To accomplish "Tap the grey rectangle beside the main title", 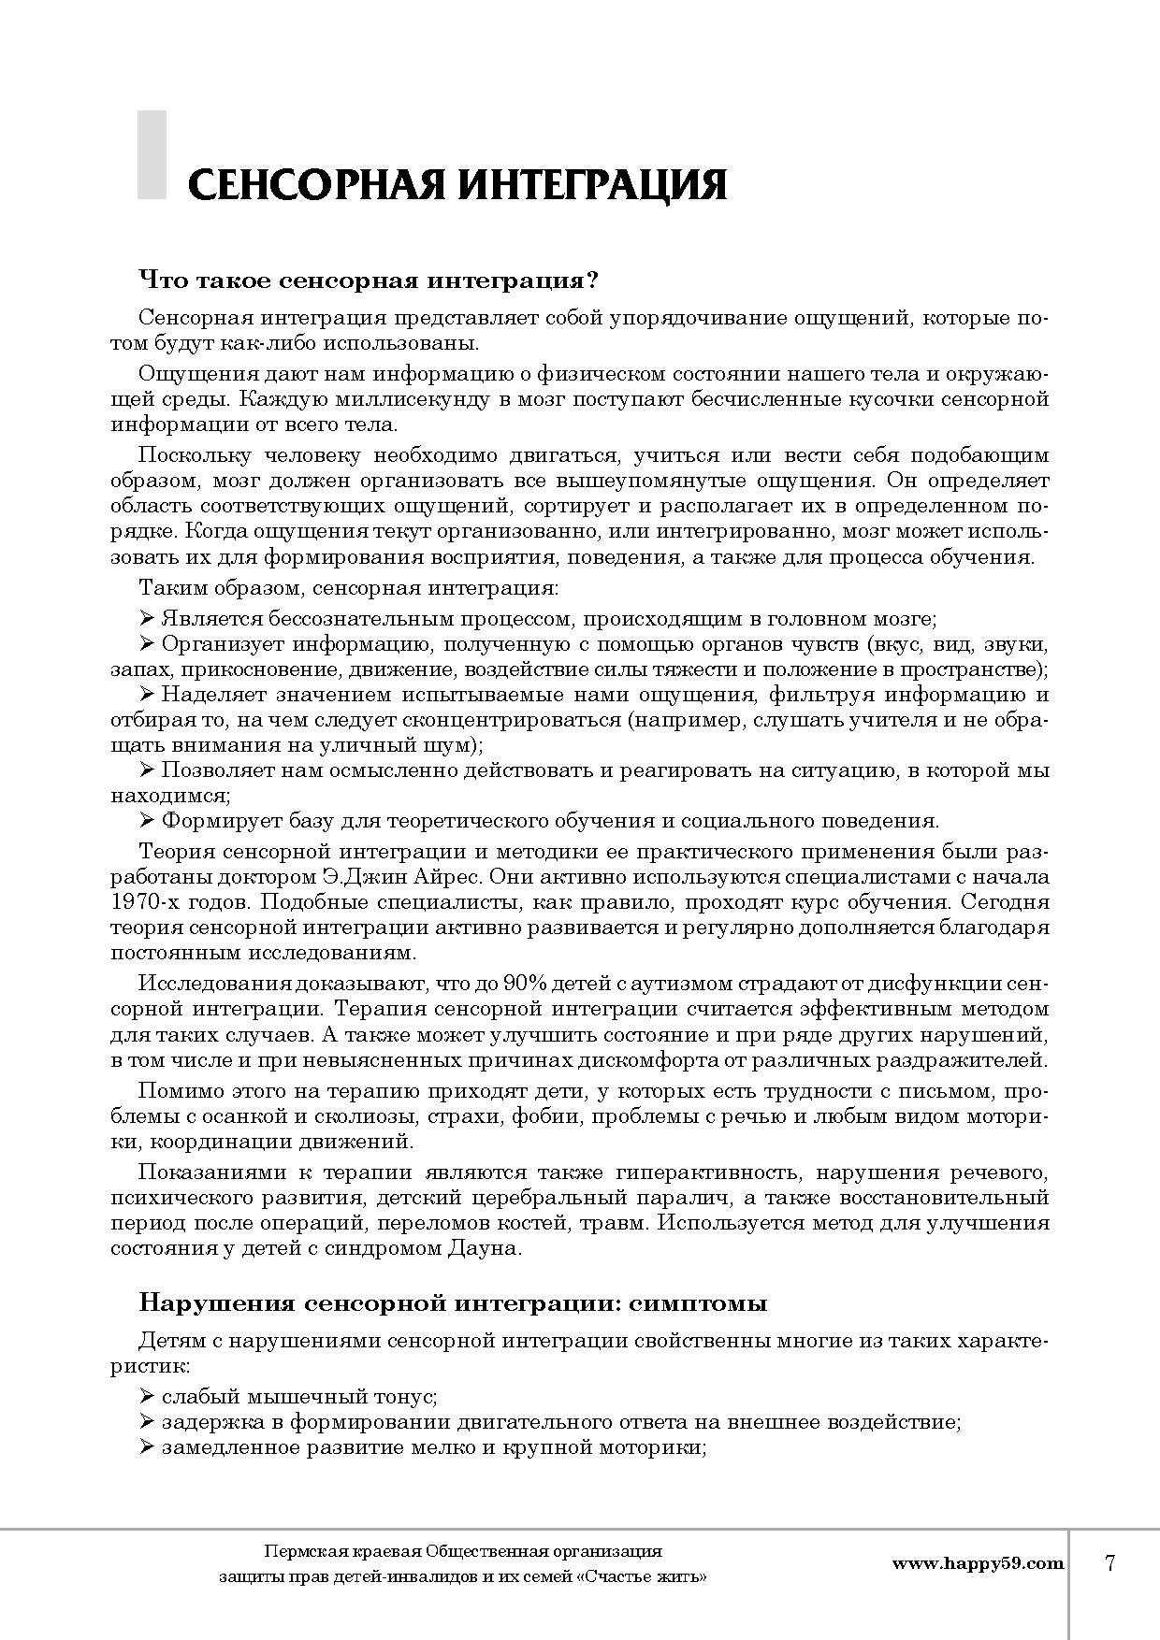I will (152, 154).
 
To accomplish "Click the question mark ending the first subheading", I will (592, 281).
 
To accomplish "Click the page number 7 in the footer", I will (1109, 1563).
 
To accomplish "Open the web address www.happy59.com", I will (978, 1563).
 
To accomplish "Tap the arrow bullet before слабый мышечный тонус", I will (146, 1397).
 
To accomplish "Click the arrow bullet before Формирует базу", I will (146, 821).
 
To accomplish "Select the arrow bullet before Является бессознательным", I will (146, 619).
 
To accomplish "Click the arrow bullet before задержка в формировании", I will (146, 1422).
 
